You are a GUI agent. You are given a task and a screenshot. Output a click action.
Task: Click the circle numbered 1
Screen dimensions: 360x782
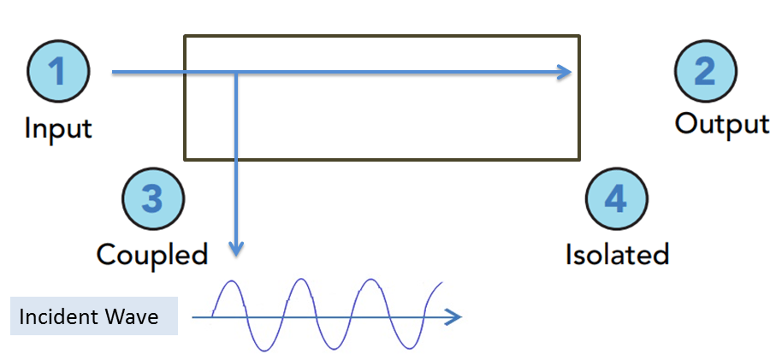tap(57, 72)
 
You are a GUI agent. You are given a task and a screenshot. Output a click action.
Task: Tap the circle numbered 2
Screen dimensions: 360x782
tap(705, 72)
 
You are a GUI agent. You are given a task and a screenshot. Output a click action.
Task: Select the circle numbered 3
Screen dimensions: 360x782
tap(152, 199)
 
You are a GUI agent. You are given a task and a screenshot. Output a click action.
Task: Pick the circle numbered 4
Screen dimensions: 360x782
tap(615, 199)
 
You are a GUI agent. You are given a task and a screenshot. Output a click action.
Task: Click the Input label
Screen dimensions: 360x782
tap(57, 129)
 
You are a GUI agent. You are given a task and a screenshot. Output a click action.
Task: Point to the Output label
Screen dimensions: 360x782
tap(721, 124)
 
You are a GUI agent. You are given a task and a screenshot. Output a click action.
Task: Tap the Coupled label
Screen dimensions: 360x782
tap(152, 254)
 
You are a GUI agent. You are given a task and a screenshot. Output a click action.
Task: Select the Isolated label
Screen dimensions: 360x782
tap(617, 254)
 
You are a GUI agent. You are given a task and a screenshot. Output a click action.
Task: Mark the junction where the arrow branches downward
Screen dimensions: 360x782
tap(237, 74)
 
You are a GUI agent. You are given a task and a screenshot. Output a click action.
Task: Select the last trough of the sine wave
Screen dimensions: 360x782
tap(402, 349)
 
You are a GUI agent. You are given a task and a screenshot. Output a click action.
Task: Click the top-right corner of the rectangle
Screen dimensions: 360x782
tap(579, 36)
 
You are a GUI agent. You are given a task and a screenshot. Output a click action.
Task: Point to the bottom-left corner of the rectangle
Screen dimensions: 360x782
tap(186, 158)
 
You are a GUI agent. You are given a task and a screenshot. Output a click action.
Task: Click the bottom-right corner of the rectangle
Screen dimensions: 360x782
tap(579, 158)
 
